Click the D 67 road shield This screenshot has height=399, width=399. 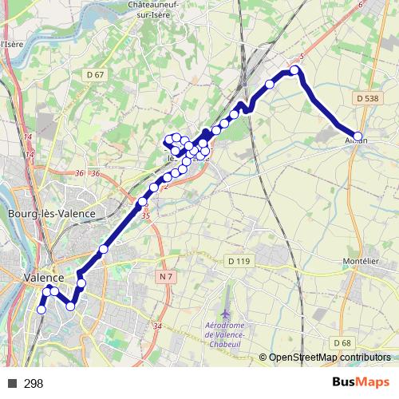(94, 75)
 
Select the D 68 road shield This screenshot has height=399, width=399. (343, 342)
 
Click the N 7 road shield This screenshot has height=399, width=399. (165, 276)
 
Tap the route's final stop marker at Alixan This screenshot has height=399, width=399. (358, 136)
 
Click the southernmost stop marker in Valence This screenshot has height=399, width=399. (41, 310)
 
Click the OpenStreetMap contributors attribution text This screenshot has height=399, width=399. (329, 358)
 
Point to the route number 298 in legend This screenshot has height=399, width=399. (34, 384)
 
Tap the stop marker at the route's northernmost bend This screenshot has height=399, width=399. (294, 70)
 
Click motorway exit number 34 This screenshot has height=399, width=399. (157, 326)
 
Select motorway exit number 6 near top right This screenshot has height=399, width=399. (361, 5)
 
